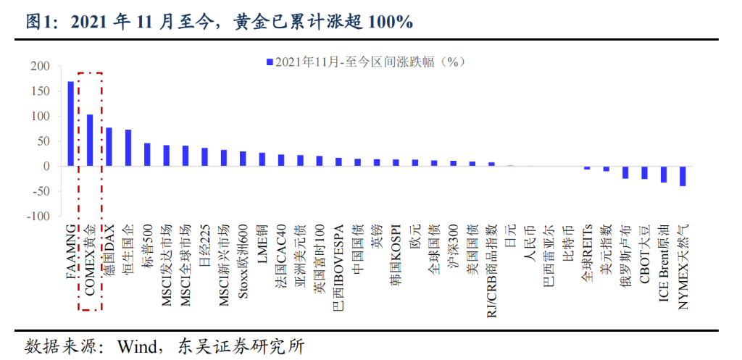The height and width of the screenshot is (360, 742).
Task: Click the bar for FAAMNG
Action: coord(71,124)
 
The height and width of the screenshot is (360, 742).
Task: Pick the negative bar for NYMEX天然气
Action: coord(683,176)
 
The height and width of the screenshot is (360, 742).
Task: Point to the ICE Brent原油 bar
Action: coord(664,175)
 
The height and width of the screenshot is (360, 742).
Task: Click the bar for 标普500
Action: coord(147,154)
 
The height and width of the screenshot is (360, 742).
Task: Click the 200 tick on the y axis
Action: coord(39,67)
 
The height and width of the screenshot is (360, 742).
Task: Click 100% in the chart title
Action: coord(391,22)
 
